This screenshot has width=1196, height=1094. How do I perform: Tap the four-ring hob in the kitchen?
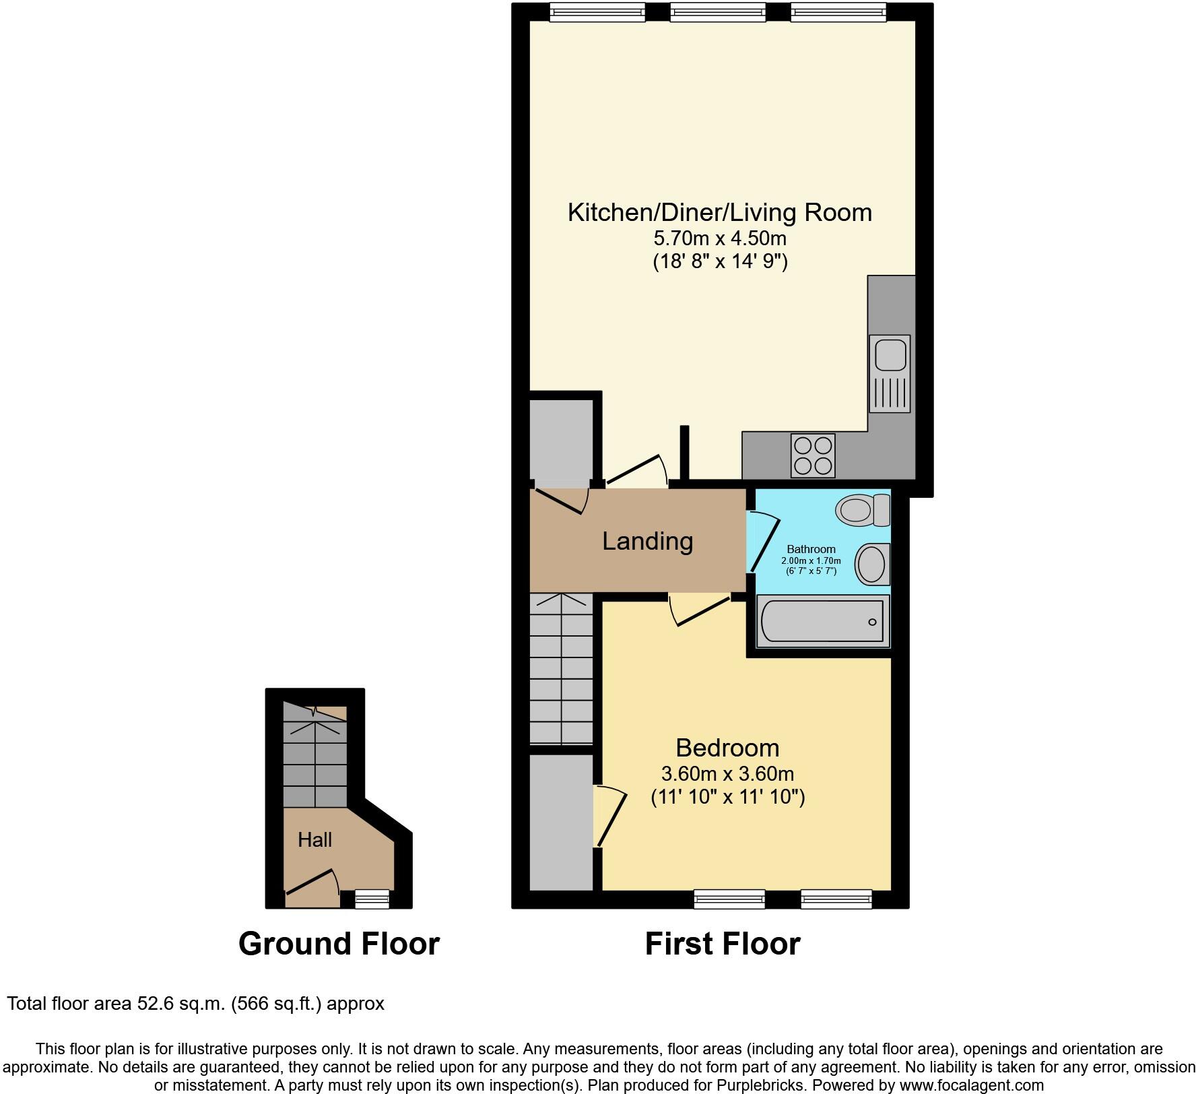coord(813,455)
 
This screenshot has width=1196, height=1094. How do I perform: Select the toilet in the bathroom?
coord(862,510)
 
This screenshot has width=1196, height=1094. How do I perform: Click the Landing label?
coord(647,541)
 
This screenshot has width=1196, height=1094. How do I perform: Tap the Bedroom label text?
coord(727,748)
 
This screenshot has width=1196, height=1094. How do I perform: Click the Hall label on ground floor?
coord(314,839)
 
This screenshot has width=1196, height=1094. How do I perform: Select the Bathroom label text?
coord(811,549)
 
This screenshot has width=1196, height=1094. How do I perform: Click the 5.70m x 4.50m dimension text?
coord(720,238)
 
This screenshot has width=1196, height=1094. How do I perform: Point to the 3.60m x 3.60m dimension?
coord(727,773)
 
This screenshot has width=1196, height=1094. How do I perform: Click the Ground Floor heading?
coord(339,944)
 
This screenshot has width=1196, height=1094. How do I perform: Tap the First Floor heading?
coord(723,944)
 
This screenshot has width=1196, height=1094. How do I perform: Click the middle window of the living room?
coord(718,11)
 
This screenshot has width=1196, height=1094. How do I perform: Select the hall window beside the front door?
coord(372,899)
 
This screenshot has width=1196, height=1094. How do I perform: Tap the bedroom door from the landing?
coord(700,610)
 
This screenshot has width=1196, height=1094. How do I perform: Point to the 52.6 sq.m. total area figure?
coord(181,1004)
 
